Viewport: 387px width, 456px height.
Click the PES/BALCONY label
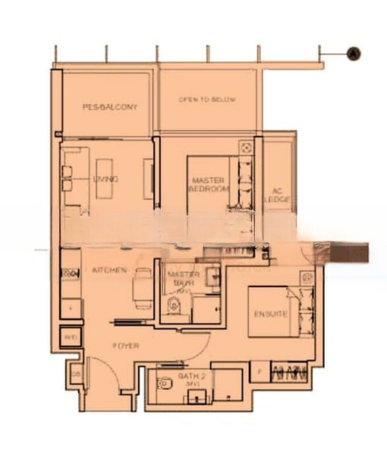110,107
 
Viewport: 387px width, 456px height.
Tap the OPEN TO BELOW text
206,100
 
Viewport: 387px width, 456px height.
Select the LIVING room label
105,179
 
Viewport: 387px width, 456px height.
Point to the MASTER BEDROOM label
206,185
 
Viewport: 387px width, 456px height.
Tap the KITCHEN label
109,271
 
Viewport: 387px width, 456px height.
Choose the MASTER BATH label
183,278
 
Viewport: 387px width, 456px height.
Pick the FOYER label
125,345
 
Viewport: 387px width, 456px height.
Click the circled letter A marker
353,53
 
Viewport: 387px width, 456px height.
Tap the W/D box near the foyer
70,337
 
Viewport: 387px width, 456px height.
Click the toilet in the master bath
174,306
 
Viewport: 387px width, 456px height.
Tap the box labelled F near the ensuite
259,372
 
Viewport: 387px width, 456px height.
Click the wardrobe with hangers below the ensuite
288,372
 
